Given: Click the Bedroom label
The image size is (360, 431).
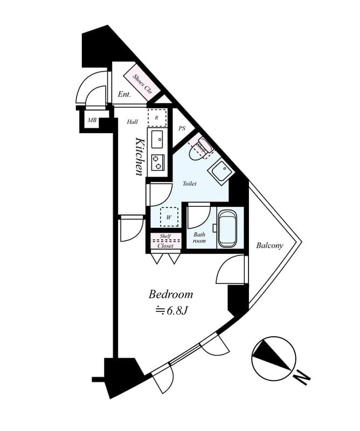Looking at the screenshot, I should click(x=170, y=295).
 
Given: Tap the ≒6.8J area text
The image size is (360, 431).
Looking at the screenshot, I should click(x=171, y=310).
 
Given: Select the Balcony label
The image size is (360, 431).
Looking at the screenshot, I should click(x=269, y=246).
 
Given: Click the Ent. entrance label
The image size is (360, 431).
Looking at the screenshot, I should click(x=124, y=95).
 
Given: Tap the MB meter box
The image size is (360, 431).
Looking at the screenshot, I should click(x=92, y=120).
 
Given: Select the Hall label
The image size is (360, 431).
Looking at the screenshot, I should click(x=133, y=122).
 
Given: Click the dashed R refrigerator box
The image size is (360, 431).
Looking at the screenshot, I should click(x=157, y=117).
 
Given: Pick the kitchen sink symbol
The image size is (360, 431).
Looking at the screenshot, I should click(x=157, y=139).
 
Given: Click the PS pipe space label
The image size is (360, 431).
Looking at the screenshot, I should click(x=182, y=128).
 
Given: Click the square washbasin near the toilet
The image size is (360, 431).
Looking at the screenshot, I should click(x=221, y=171).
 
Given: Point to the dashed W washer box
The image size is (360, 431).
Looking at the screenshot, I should click(x=169, y=217).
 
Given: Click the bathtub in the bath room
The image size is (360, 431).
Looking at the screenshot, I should click(x=227, y=228).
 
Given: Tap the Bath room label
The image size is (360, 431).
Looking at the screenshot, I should click(x=199, y=238).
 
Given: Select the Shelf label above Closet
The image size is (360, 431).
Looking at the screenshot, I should click(x=165, y=236).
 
